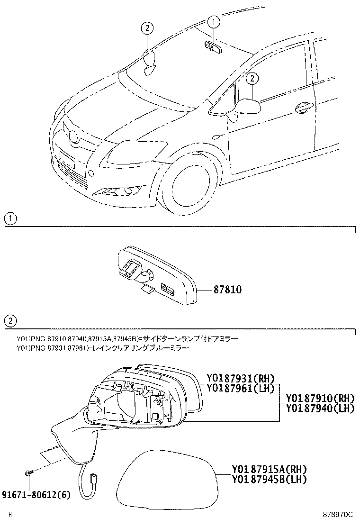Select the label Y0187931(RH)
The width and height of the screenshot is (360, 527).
(x=240, y=378)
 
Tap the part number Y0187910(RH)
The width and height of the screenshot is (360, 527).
(x=320, y=398)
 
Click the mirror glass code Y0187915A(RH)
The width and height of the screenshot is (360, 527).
(x=269, y=470)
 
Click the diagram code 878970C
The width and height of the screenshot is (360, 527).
(x=338, y=514)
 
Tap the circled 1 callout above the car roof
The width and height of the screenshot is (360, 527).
(x=213, y=21)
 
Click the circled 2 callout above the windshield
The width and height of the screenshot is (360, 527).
(x=147, y=28)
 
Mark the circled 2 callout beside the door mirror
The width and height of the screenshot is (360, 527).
(x=253, y=78)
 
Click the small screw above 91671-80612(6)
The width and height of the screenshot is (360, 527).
(x=28, y=472)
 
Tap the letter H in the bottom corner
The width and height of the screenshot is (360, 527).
(x=9, y=515)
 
